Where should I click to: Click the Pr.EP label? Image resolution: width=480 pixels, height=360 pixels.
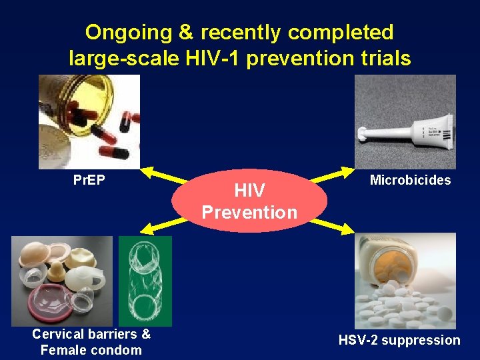coord(89,180)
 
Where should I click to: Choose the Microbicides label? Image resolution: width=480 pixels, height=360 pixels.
coord(410,180)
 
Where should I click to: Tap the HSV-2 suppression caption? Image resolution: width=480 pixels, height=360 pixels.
coord(399,340)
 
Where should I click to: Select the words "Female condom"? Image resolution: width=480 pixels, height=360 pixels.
coord(91,350)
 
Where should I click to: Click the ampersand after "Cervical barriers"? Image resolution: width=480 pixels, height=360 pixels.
coord(145,334)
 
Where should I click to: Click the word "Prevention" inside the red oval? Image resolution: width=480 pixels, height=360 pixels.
coord(249,213)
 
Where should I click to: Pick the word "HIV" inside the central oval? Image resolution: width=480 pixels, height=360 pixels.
coord(249,191)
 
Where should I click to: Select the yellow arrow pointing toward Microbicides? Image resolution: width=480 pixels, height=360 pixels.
coord(333,176)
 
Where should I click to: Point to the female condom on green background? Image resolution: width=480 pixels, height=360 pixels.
coord(145,280)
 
